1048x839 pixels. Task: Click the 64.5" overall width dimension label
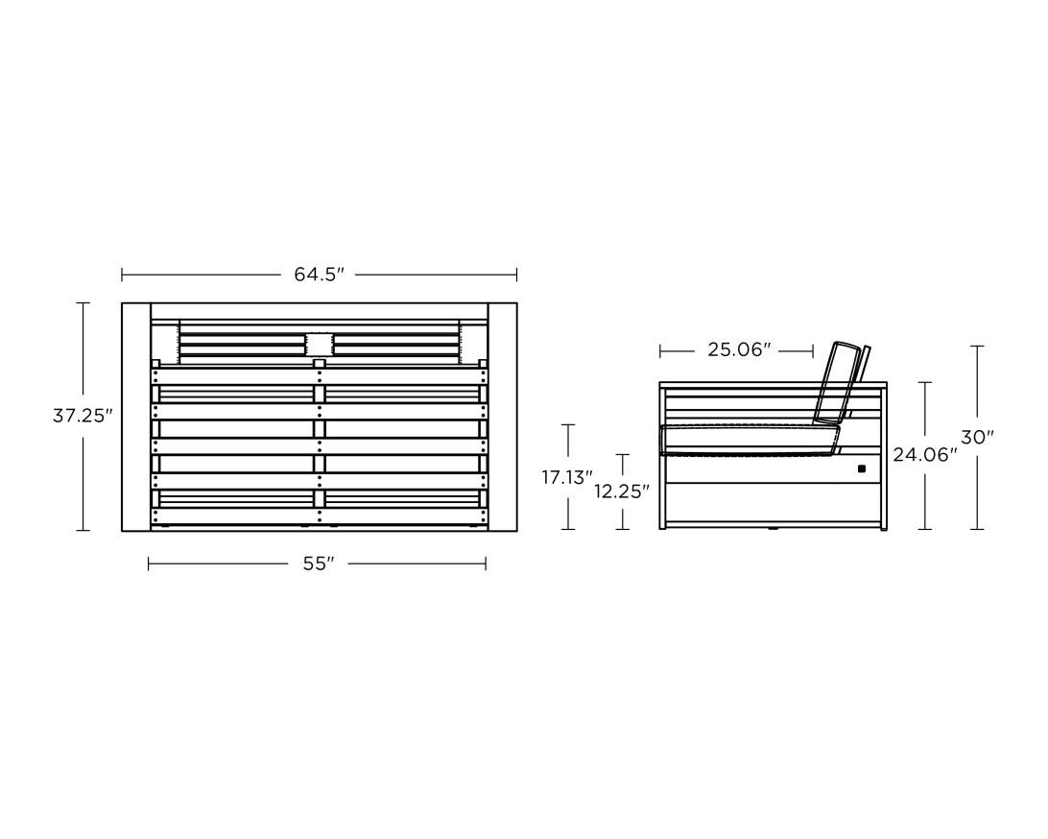(x=319, y=275)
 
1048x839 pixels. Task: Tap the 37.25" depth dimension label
(x=83, y=416)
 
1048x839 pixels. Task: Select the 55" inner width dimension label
(x=318, y=564)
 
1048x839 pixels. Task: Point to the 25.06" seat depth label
(x=740, y=349)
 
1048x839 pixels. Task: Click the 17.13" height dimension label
(x=567, y=477)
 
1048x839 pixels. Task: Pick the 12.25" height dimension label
(x=623, y=491)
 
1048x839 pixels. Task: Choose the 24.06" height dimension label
(x=925, y=455)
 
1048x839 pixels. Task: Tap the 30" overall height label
(x=978, y=438)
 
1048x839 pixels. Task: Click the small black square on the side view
(x=861, y=468)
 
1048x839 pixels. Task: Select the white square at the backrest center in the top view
(x=319, y=345)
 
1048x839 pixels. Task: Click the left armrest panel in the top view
(x=136, y=416)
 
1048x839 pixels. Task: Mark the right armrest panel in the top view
(x=503, y=416)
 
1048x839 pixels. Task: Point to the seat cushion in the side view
(x=749, y=441)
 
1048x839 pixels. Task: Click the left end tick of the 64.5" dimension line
(x=122, y=275)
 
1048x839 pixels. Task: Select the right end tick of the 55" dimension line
(x=486, y=564)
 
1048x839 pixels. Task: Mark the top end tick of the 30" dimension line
(x=978, y=347)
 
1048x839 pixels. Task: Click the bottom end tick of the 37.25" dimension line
(x=83, y=530)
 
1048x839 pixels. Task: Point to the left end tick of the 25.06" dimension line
(x=661, y=349)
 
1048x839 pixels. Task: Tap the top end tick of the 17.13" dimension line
(x=569, y=424)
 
